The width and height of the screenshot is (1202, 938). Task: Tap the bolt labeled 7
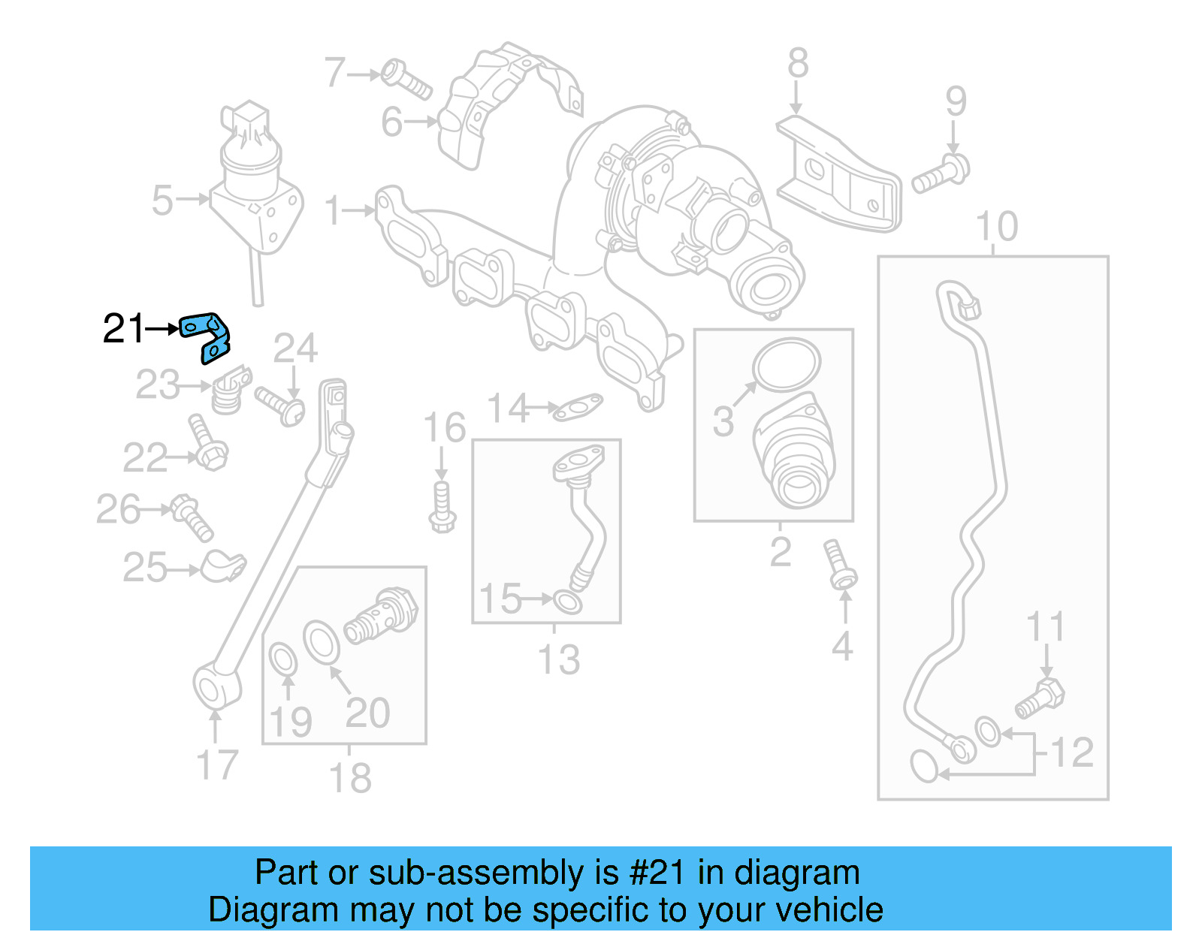[x=406, y=80]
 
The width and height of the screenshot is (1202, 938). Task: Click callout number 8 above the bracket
[x=798, y=63]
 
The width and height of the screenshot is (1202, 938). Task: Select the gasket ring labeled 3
[x=787, y=365]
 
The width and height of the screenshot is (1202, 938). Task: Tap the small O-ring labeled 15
[x=567, y=601]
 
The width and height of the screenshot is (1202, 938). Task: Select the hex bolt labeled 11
[x=1040, y=698]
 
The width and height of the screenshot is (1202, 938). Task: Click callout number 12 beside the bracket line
[x=1072, y=753]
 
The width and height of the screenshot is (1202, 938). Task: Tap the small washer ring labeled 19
[x=283, y=660]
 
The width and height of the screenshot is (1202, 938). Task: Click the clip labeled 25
[x=223, y=566]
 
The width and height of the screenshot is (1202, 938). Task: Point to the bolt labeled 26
[x=192, y=517]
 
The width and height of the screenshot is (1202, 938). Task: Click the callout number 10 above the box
[x=996, y=226]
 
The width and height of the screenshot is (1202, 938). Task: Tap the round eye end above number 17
[x=216, y=685]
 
